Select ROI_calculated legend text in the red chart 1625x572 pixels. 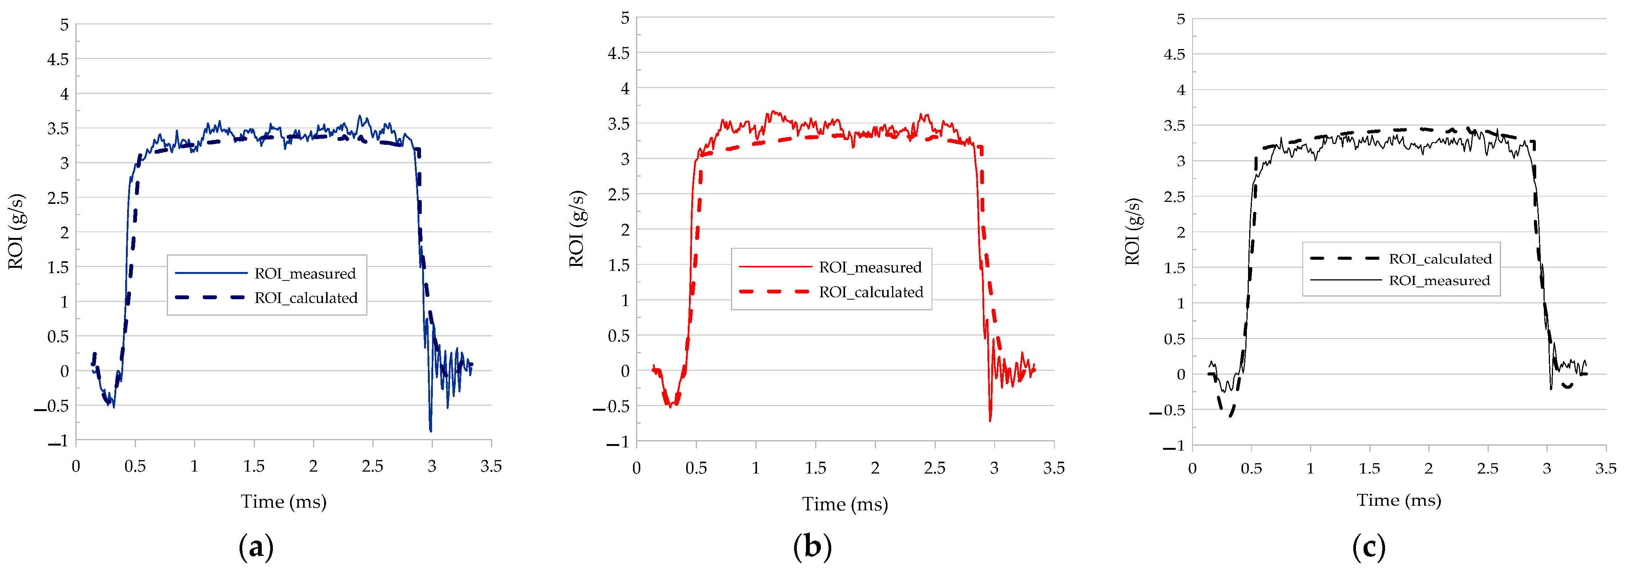pos(871,292)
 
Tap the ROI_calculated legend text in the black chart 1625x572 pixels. pos(1440,259)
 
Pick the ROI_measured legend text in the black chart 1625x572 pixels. pos(1439,280)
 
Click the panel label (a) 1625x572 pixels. pos(256,547)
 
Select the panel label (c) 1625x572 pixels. pos(1369,547)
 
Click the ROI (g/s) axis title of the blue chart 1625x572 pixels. pos(16,232)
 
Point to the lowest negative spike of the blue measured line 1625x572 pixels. pos(431,431)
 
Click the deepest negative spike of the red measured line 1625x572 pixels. pos(990,420)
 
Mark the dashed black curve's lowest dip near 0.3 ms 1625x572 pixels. pos(1230,415)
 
